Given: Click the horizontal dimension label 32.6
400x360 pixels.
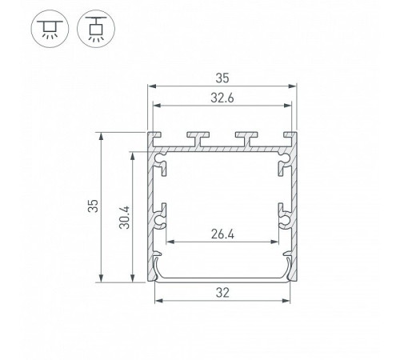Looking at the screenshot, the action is (222, 98).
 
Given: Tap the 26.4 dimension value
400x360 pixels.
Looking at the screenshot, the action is (222, 234).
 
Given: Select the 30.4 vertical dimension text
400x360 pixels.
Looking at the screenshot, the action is (124, 218).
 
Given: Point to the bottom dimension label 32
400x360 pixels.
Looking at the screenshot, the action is (222, 293).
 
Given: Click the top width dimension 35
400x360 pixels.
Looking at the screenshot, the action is (222, 78).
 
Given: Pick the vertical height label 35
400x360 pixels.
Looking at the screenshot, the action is (93, 206).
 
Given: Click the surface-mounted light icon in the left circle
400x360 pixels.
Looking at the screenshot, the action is (50, 29).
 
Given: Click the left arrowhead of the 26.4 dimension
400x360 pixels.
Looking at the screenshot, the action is (170, 242).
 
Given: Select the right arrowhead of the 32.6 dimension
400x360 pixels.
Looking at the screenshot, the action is (288, 106).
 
